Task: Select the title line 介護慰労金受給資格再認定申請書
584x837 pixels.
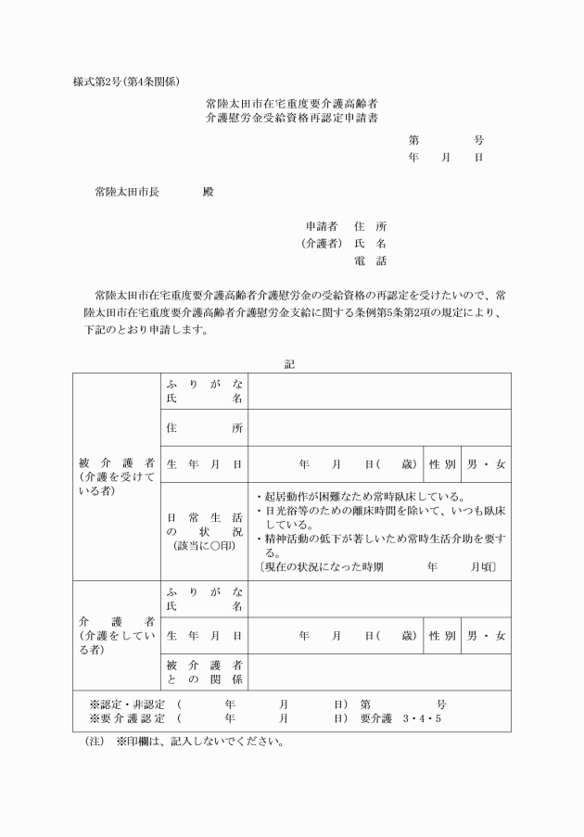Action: click(x=291, y=119)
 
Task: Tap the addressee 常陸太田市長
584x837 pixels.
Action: click(x=126, y=192)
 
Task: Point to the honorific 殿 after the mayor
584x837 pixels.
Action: click(x=207, y=192)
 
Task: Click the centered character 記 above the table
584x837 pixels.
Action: click(x=290, y=364)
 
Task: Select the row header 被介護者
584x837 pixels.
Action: click(x=116, y=463)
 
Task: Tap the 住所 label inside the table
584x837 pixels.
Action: click(x=204, y=427)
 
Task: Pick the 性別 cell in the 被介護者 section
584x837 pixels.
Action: click(x=441, y=463)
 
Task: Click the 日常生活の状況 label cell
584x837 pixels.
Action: click(x=204, y=532)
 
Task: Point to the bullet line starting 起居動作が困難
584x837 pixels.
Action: click(x=365, y=496)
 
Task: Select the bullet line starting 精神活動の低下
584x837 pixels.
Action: click(x=380, y=538)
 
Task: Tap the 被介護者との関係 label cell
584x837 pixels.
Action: click(x=204, y=673)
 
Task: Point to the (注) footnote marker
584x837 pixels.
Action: click(x=94, y=742)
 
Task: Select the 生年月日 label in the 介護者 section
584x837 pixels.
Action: click(x=204, y=636)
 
